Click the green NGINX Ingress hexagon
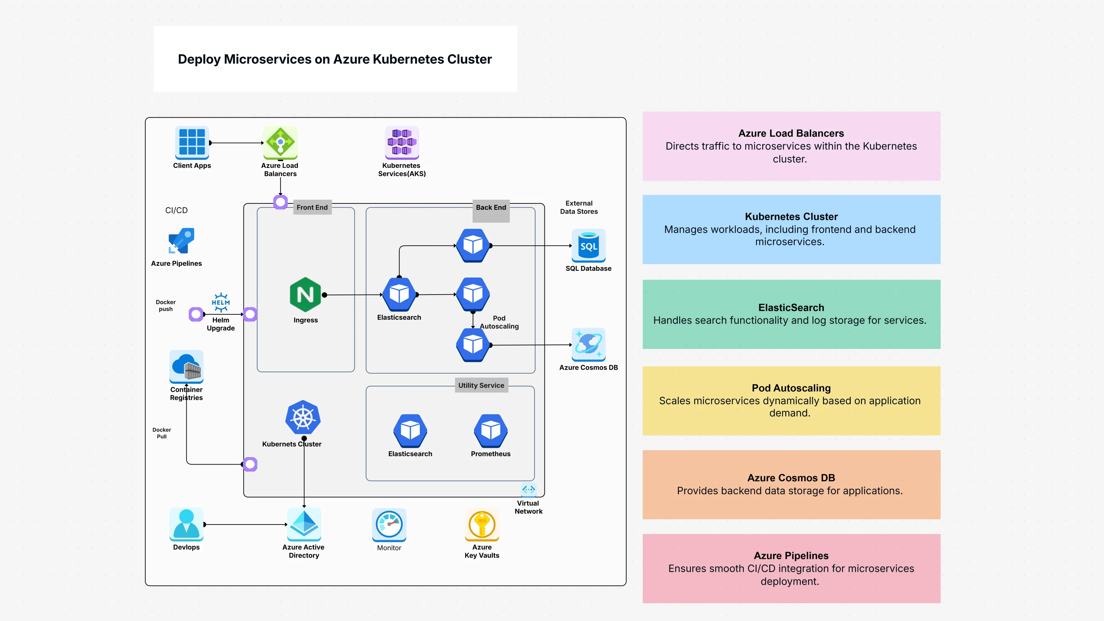tap(305, 295)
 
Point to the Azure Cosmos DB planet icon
tap(588, 344)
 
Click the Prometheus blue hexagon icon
tap(491, 430)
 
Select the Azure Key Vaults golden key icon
tap(482, 524)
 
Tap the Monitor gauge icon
tap(389, 524)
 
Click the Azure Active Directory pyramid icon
tap(304, 524)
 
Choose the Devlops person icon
tap(186, 524)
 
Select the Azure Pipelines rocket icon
tap(181, 241)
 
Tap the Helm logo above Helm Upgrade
tap(221, 302)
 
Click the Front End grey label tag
tap(312, 207)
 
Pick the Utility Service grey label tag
tap(481, 385)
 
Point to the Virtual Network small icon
tap(528, 489)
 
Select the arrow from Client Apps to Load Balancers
tap(236, 143)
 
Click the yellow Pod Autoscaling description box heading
tap(791, 388)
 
